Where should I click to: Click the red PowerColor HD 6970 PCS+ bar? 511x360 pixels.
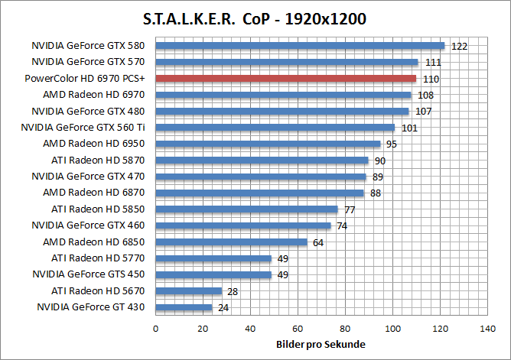point(286,78)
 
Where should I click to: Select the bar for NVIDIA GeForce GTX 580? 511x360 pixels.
point(300,45)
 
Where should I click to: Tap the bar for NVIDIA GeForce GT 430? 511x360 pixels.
point(184,307)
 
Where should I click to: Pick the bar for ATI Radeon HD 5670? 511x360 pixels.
point(188,290)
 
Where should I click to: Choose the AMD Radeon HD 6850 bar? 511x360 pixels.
point(231,242)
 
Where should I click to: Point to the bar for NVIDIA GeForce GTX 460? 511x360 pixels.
point(243,225)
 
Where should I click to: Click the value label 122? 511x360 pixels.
point(459,47)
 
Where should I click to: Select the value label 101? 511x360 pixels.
point(409,128)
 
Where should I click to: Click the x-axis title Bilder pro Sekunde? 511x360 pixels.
point(321,344)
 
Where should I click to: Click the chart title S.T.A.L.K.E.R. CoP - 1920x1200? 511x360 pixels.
point(255,18)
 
